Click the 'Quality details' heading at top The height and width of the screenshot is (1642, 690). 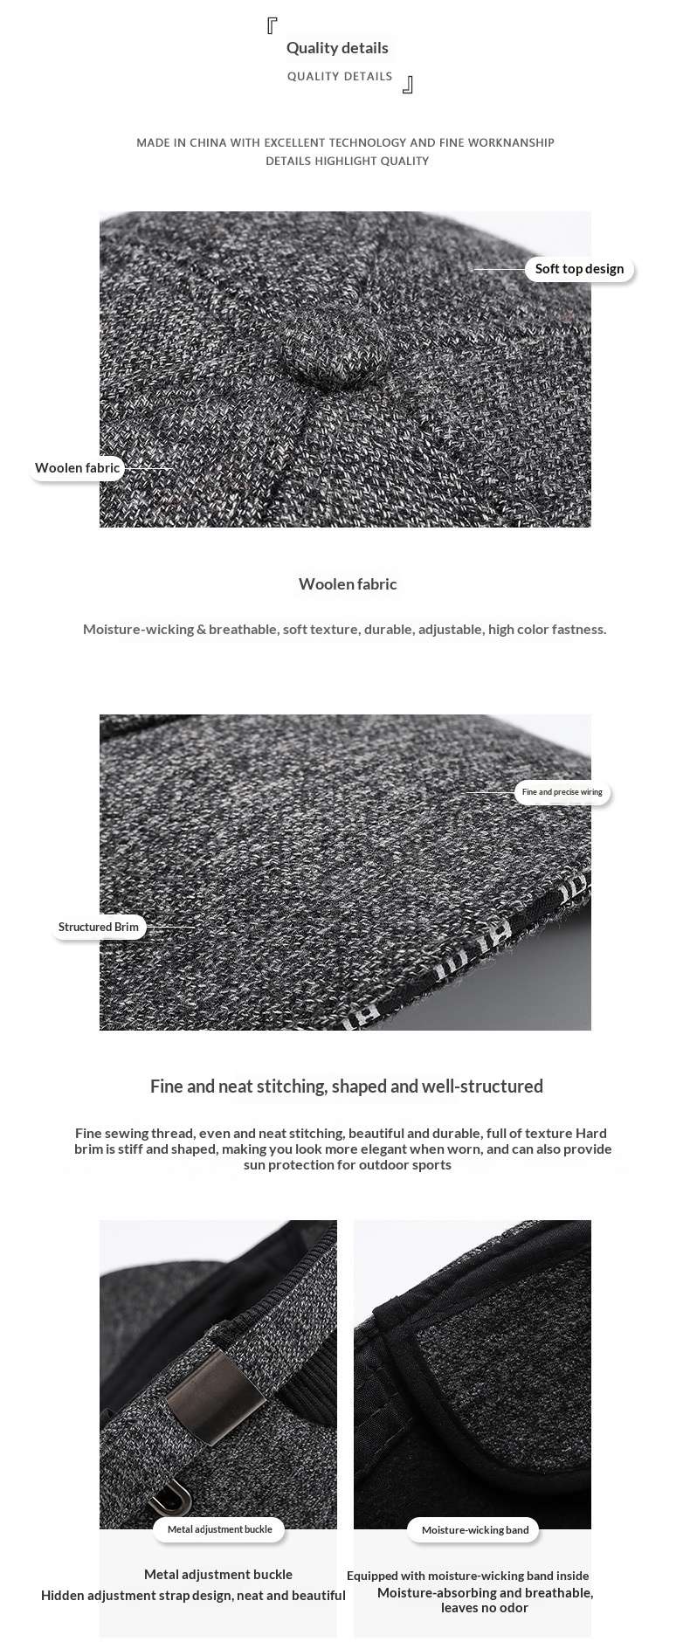point(337,48)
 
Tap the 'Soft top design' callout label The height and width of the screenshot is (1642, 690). point(579,269)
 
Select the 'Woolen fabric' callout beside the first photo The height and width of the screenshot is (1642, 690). point(77,468)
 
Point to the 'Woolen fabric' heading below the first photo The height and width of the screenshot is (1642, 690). point(348,584)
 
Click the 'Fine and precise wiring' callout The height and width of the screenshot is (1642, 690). point(562,792)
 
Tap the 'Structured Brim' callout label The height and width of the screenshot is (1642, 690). point(98,927)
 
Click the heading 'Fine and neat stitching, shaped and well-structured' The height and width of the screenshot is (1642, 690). point(346,1086)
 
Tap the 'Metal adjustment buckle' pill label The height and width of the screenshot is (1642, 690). point(219,1529)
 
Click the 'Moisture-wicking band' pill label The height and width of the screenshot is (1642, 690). point(475,1530)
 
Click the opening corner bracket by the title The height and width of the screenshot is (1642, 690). point(272,26)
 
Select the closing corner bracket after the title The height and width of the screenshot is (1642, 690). point(407,85)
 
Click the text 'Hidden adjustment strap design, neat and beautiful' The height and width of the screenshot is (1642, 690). point(193,1596)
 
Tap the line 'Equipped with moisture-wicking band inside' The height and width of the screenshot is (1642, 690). point(467,1576)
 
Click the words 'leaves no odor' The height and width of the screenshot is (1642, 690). point(485,1608)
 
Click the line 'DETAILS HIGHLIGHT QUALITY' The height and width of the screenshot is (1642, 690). point(347,161)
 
